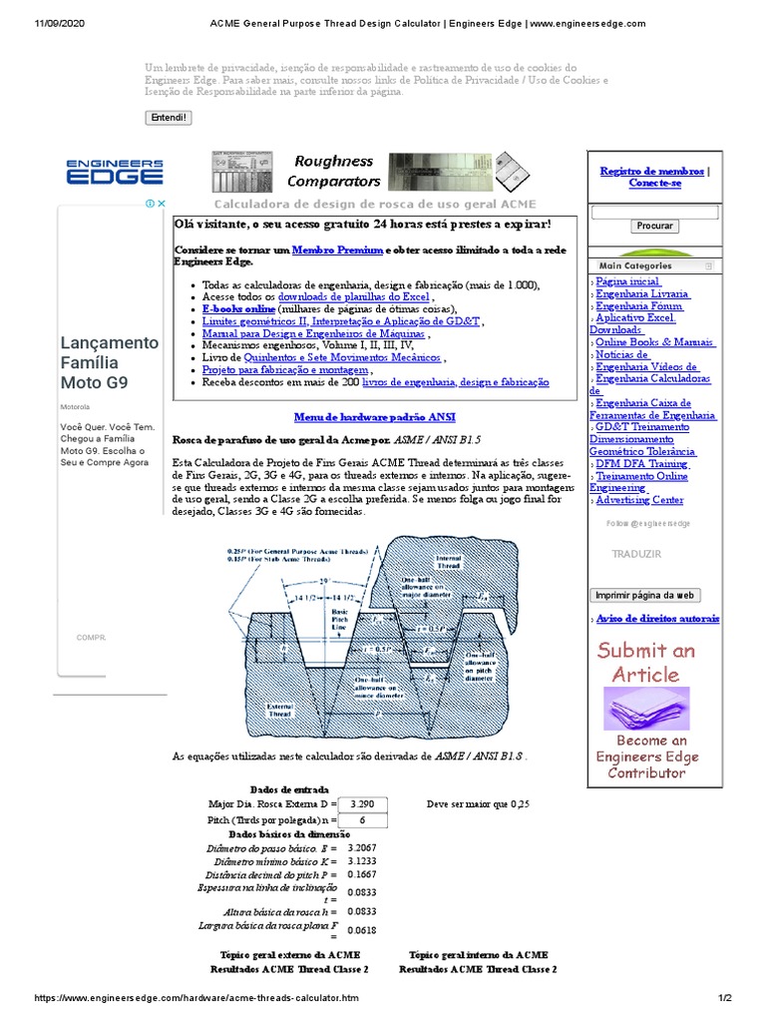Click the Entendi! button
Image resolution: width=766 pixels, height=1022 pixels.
[x=168, y=118]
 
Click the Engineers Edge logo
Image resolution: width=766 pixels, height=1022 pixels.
[x=115, y=172]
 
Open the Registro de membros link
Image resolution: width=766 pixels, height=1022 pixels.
[x=651, y=171]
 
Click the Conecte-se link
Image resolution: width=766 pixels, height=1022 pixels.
[x=655, y=184]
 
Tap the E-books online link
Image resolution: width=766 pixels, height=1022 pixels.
[x=238, y=309]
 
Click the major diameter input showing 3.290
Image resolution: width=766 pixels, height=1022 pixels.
[x=363, y=803]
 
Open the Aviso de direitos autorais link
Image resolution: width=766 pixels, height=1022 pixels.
[x=657, y=619]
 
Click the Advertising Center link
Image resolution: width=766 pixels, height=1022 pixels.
[x=639, y=500]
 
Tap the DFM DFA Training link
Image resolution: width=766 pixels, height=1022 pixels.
[x=641, y=464]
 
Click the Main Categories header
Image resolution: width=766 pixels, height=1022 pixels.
[x=635, y=266]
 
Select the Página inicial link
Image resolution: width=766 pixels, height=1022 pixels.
[x=627, y=282]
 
